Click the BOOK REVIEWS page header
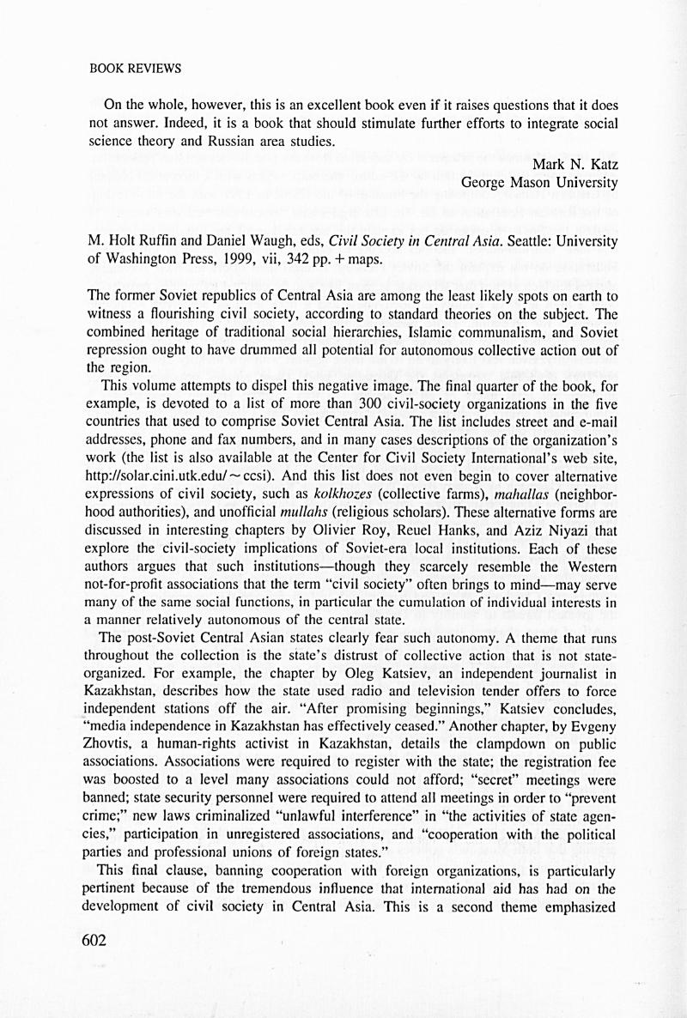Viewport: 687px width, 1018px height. pyautogui.click(x=135, y=68)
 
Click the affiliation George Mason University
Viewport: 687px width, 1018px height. pyautogui.click(x=539, y=182)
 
